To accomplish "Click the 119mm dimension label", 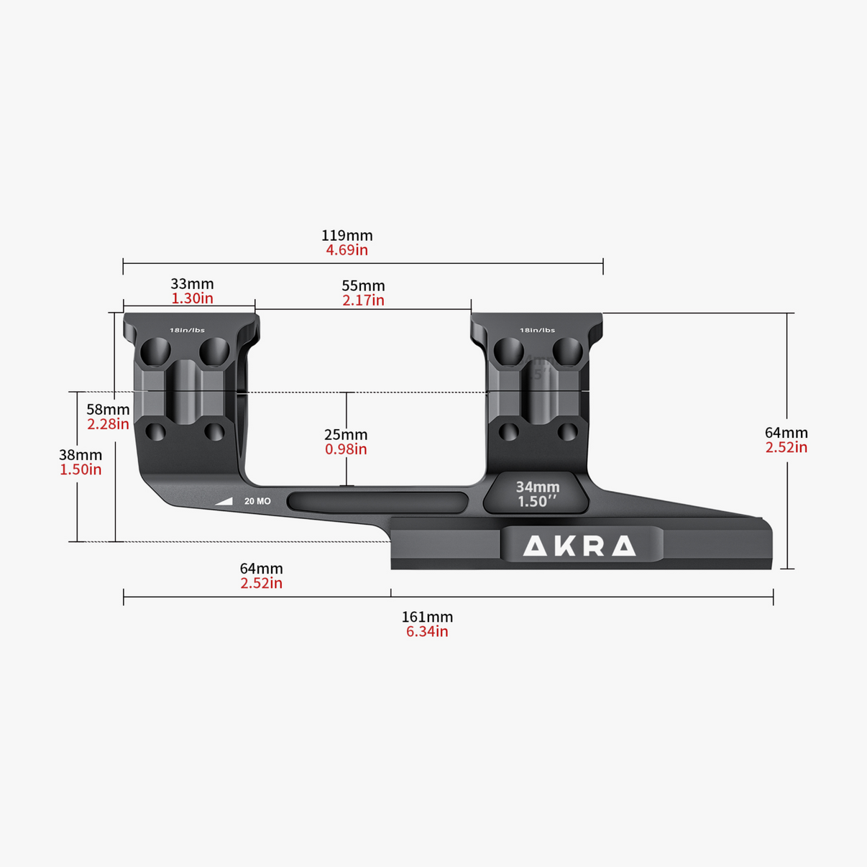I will point(347,235).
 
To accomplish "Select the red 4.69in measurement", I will point(347,250).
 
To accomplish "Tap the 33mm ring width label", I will point(192,284).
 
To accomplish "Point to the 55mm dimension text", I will point(363,286).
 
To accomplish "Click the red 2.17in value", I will point(363,301).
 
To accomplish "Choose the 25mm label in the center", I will point(346,434).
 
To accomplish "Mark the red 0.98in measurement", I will point(346,449).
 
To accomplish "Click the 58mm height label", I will point(108,410).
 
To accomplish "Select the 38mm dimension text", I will point(81,455).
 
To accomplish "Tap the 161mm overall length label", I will point(427,617).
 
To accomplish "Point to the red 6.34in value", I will point(427,632).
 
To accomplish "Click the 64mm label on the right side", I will point(786,433).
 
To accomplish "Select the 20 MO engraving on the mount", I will point(257,501).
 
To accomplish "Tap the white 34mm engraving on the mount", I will point(537,487).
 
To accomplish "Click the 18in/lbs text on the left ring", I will point(187,331).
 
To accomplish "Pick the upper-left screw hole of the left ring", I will point(155,352).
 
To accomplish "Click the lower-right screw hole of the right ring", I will point(568,432).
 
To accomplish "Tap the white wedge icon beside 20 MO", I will point(225,501).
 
